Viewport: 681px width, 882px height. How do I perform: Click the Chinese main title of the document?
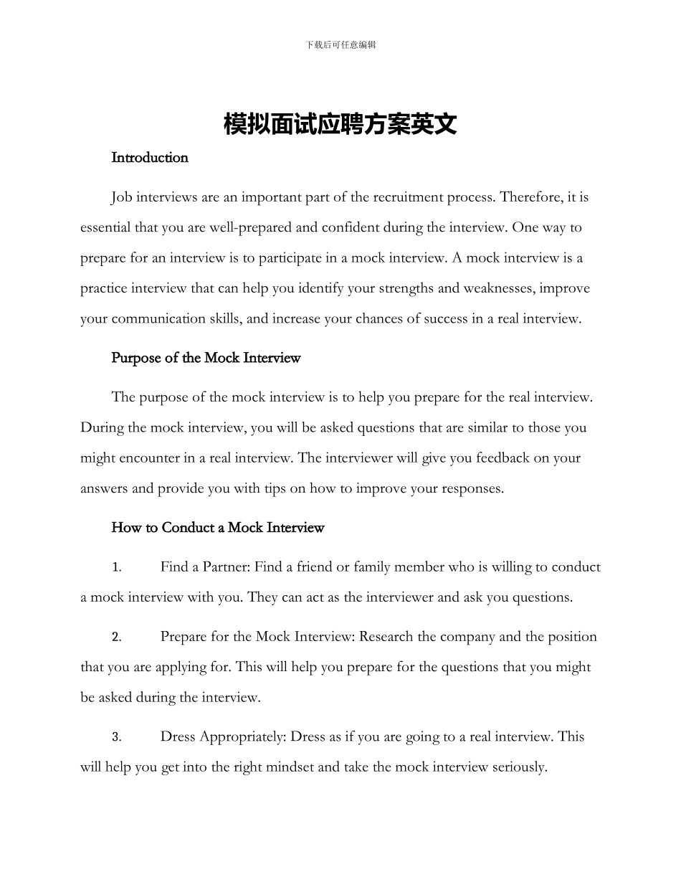click(x=340, y=124)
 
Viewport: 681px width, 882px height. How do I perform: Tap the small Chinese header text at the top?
click(x=340, y=44)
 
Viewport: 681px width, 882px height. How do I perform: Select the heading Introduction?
click(x=150, y=158)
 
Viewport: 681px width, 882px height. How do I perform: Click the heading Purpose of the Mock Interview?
click(x=206, y=358)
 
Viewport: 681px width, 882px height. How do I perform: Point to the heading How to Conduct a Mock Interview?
click(x=218, y=528)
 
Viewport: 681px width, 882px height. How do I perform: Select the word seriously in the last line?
click(x=520, y=767)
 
